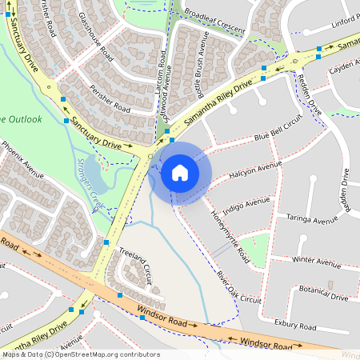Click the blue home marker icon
[180, 172]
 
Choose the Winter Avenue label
[316, 261]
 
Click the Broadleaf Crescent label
[214, 18]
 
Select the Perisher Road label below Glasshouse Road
[110, 98]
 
